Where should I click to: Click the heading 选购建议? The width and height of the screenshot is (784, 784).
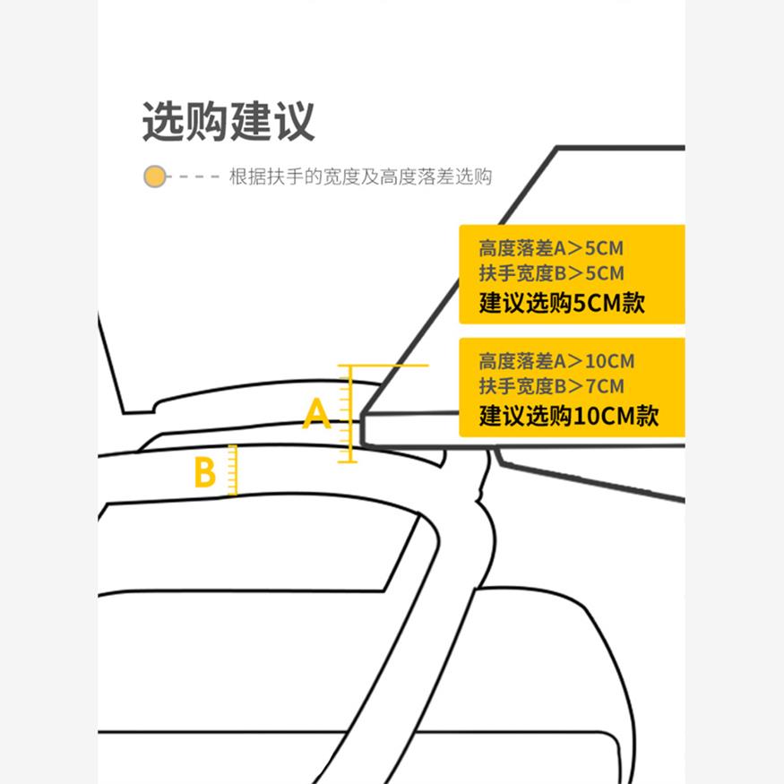pyautogui.click(x=228, y=122)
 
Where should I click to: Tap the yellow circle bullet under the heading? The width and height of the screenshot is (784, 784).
pyautogui.click(x=155, y=177)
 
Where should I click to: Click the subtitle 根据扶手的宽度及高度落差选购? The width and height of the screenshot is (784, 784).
pyautogui.click(x=361, y=177)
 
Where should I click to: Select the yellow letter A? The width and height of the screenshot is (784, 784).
pyautogui.click(x=317, y=414)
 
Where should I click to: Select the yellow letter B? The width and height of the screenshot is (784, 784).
pyautogui.click(x=205, y=472)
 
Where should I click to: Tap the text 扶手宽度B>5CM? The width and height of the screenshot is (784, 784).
pyautogui.click(x=550, y=273)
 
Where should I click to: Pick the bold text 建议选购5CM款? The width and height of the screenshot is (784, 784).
pyautogui.click(x=562, y=303)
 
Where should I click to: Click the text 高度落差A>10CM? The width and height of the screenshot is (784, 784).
pyautogui.click(x=556, y=362)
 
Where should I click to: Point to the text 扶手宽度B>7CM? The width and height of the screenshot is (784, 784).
pyautogui.click(x=550, y=387)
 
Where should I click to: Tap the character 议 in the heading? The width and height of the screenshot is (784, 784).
pyautogui.click(x=294, y=122)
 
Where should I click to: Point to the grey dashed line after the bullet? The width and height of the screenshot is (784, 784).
pyautogui.click(x=198, y=177)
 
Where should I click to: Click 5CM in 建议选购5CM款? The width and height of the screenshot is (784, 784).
pyautogui.click(x=596, y=303)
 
